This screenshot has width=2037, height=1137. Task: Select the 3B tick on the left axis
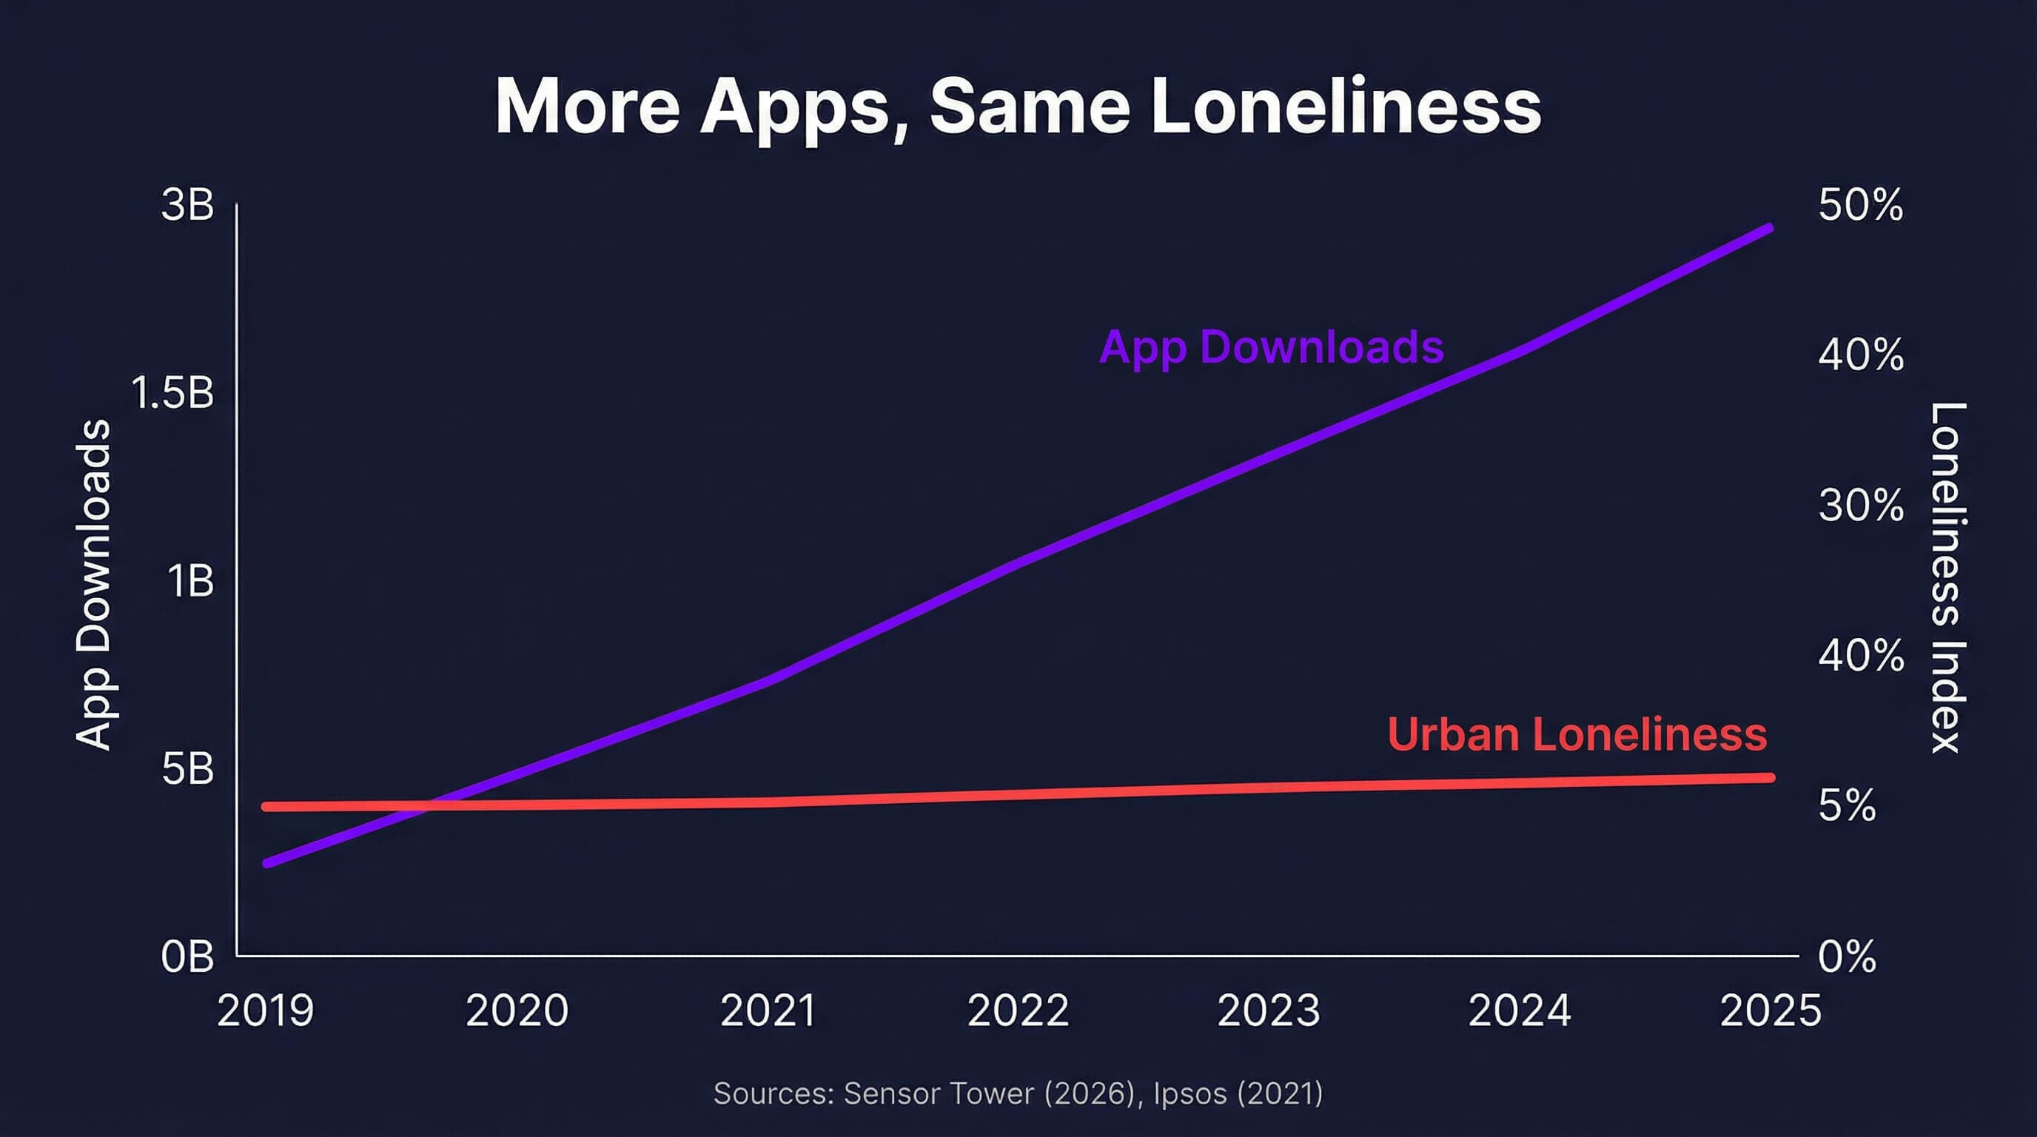click(187, 205)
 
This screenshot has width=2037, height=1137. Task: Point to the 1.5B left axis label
click(172, 393)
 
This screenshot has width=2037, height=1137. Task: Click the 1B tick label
click(189, 581)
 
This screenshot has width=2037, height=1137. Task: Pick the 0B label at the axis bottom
click(187, 956)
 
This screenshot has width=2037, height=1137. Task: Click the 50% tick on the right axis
click(1860, 206)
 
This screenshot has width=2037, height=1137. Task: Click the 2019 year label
click(266, 1010)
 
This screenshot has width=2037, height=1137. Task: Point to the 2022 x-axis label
click(1018, 1010)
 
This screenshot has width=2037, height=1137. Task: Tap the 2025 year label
click(1770, 1010)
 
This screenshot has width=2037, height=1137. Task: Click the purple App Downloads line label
click(1271, 347)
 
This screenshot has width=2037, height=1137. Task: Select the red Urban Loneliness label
click(1577, 734)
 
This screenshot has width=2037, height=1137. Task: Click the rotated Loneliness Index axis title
click(1947, 577)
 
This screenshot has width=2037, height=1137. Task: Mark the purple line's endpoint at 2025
click(1769, 229)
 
